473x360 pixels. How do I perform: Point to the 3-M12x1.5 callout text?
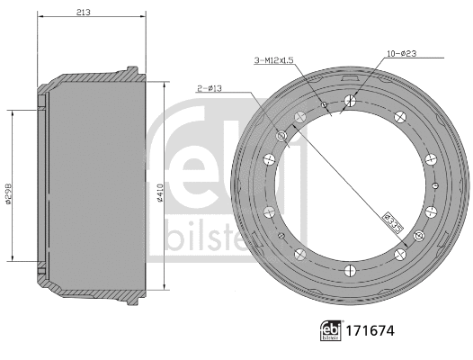tap(273, 60)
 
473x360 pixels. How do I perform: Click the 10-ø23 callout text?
tap(399, 54)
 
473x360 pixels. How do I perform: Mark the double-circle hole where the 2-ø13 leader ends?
tap(282, 136)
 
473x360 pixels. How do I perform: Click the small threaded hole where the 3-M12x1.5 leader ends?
tap(325, 105)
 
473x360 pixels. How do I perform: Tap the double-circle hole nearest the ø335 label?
tap(417, 237)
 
